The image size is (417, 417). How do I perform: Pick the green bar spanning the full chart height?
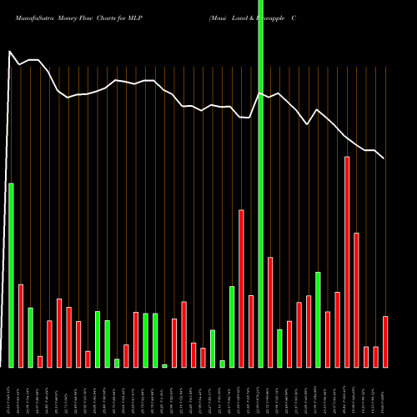pyautogui.click(x=260, y=183)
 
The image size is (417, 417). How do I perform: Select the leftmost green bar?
pyautogui.click(x=11, y=275)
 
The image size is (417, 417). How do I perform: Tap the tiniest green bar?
pyautogui.click(x=164, y=365)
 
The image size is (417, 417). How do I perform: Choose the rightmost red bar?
pyautogui.click(x=385, y=342)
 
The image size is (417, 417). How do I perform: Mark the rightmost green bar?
pyautogui.click(x=318, y=319)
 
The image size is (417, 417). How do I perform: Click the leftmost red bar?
pyautogui.click(x=21, y=325)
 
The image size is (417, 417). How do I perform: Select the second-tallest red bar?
pyautogui.click(x=241, y=288)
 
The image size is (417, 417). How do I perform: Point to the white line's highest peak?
pyautogui.click(x=10, y=52)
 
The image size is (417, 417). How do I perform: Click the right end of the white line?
pyautogui.click(x=384, y=158)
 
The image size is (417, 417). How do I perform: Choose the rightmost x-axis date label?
pyautogui.click(x=384, y=391)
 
